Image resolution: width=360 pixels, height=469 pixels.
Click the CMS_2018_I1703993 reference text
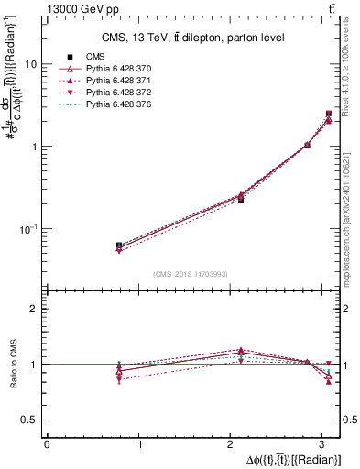[x=191, y=274]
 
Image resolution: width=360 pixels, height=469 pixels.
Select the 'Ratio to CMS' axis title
[x=14, y=364]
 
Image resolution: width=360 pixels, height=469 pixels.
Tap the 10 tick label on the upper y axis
[x=31, y=65]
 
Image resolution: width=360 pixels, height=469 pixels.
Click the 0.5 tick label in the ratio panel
[x=30, y=420]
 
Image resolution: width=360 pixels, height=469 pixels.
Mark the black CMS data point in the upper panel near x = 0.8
[x=119, y=245]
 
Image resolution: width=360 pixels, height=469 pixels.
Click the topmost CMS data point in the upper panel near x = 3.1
[x=329, y=114]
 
